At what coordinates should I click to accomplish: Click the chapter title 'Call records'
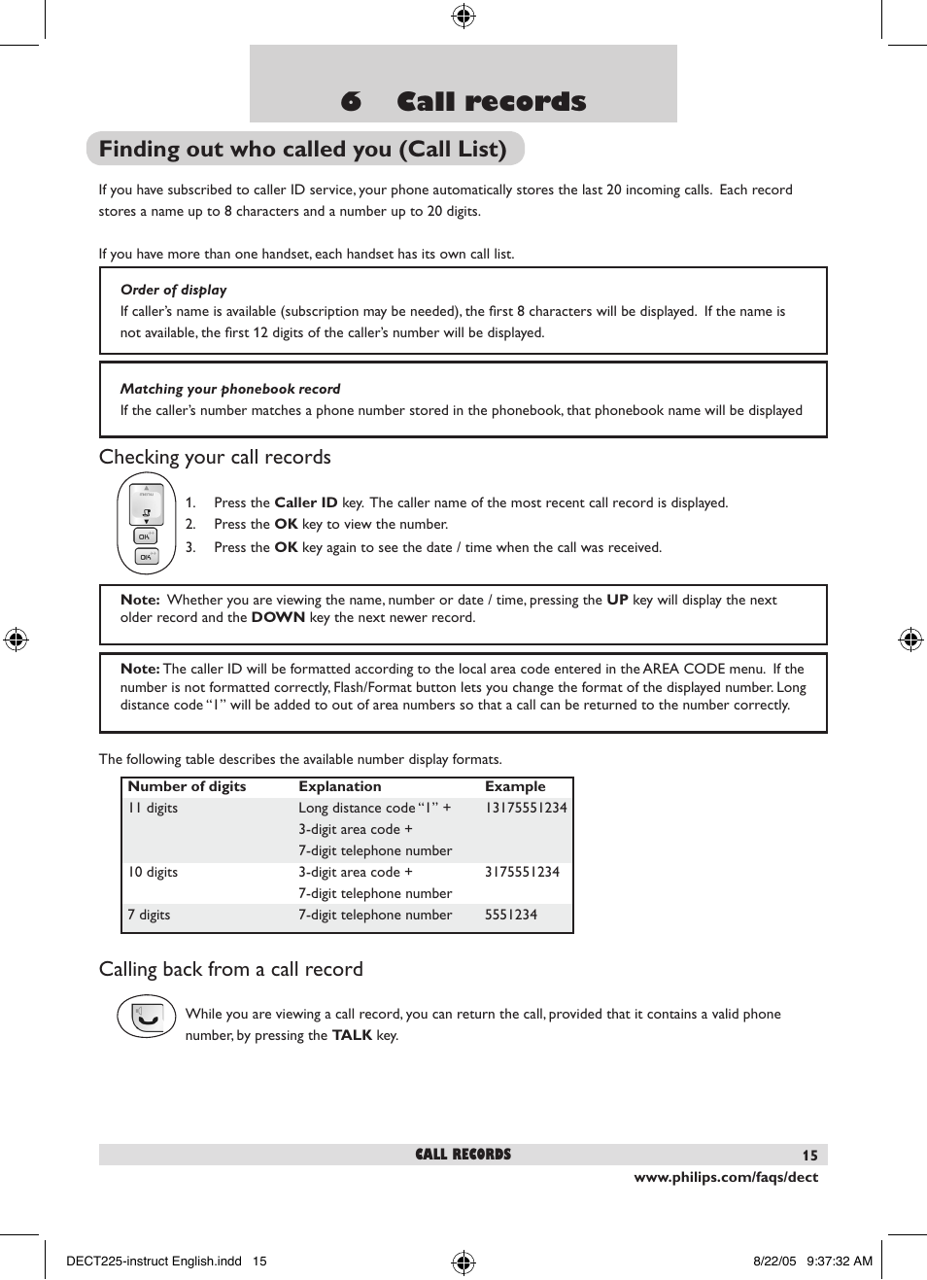(491, 101)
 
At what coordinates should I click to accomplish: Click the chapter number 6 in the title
(351, 101)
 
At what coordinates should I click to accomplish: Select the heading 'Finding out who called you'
(302, 149)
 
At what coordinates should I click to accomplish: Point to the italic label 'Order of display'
(173, 290)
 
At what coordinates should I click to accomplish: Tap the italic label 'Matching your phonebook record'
(230, 389)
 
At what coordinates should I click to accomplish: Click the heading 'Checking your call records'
(215, 457)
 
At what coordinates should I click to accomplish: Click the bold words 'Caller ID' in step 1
(305, 502)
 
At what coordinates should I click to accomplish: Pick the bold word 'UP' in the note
(617, 600)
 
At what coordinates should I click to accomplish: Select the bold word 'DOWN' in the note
(278, 617)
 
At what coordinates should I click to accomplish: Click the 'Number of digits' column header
(187, 786)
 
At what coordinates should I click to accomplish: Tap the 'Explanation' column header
(339, 786)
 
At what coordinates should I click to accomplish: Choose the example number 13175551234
(526, 808)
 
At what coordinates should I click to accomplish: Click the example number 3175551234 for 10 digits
(522, 872)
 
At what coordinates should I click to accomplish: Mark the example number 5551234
(510, 915)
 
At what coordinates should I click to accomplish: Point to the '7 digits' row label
(149, 915)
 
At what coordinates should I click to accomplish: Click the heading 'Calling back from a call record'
(230, 969)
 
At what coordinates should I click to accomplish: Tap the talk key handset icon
(146, 1018)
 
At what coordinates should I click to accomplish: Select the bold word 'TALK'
(352, 1035)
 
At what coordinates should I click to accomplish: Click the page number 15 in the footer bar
(809, 1156)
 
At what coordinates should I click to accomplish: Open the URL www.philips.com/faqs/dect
(726, 1177)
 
